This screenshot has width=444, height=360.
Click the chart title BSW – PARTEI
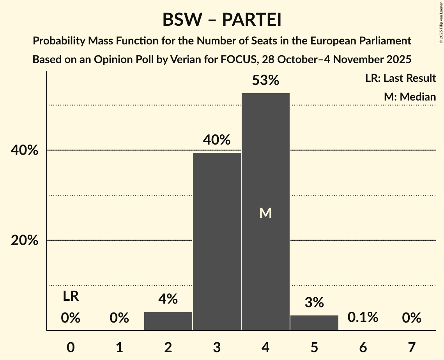(x=222, y=19)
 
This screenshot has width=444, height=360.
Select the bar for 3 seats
(x=217, y=242)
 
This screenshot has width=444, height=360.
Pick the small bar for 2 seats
(x=168, y=321)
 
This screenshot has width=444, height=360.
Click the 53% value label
(x=265, y=81)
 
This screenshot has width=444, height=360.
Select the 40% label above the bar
(x=217, y=140)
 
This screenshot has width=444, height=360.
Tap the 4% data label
(x=168, y=299)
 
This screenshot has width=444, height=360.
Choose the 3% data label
(x=314, y=303)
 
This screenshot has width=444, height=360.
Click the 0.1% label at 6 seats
(x=363, y=318)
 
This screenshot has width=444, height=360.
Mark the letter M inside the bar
(x=265, y=213)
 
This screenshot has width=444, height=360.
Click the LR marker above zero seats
(x=71, y=297)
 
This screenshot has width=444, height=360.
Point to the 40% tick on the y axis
(x=25, y=150)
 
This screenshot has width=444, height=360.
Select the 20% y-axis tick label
(x=25, y=240)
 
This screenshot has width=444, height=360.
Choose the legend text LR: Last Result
(x=400, y=78)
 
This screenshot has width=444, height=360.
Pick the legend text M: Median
(x=410, y=97)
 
